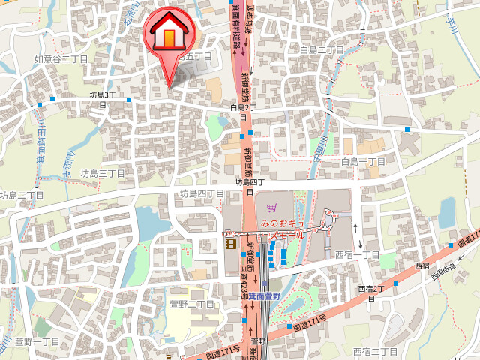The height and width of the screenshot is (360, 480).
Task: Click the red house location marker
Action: click(x=169, y=34)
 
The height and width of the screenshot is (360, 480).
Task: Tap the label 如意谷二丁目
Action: click(x=61, y=58)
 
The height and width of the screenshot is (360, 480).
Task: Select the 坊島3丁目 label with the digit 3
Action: click(x=103, y=99)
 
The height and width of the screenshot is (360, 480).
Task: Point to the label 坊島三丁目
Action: click(x=103, y=173)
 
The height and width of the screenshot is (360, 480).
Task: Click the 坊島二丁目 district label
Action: click(x=22, y=195)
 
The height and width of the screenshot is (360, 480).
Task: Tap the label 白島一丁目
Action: click(x=362, y=161)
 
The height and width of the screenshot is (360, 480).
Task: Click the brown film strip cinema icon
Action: click(x=231, y=242)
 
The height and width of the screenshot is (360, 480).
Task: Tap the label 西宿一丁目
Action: click(x=357, y=255)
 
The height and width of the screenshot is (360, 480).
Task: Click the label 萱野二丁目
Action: click(x=192, y=304)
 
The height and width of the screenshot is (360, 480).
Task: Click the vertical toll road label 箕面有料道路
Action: click(x=237, y=26)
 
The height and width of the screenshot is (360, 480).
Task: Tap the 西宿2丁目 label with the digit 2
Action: click(x=370, y=292)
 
